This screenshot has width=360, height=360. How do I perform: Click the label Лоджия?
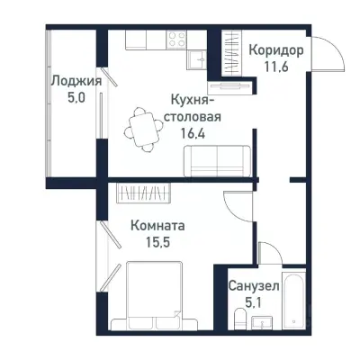75,81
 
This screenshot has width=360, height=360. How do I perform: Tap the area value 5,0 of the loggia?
75,98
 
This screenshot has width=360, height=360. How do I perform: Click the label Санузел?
253,285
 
